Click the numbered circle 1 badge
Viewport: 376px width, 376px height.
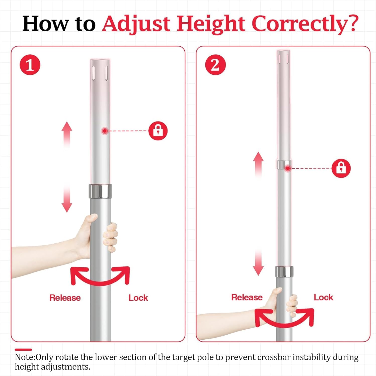click(x=30, y=65)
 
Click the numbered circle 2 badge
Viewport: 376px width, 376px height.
click(x=215, y=65)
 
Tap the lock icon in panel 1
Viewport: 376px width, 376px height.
click(x=158, y=131)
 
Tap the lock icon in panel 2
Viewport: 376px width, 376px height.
click(x=341, y=168)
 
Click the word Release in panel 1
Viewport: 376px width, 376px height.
click(x=65, y=298)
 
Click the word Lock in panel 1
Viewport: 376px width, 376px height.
click(x=138, y=298)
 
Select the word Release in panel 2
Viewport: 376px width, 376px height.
click(x=247, y=297)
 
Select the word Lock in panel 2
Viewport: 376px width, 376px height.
click(x=323, y=297)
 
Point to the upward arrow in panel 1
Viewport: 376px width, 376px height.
click(x=67, y=134)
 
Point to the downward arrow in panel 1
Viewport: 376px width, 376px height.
click(x=67, y=199)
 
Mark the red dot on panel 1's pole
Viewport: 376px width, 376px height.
click(x=105, y=131)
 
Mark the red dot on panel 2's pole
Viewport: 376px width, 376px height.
click(x=288, y=168)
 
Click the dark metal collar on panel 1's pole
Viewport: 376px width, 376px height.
click(x=100, y=191)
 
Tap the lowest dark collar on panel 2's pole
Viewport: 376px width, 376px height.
click(x=284, y=272)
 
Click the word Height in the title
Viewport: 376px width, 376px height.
click(x=211, y=24)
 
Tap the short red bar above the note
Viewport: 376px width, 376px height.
click(x=23, y=349)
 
